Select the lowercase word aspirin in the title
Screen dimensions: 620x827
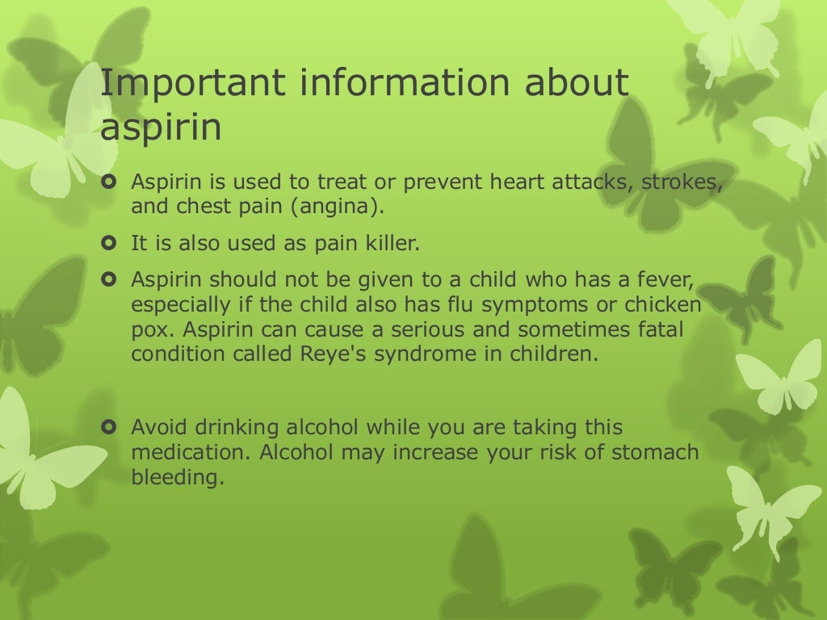[161, 128]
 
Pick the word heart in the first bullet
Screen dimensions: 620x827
[519, 182]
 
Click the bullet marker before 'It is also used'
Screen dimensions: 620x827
[111, 241]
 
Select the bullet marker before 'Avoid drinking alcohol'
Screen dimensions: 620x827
[111, 426]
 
